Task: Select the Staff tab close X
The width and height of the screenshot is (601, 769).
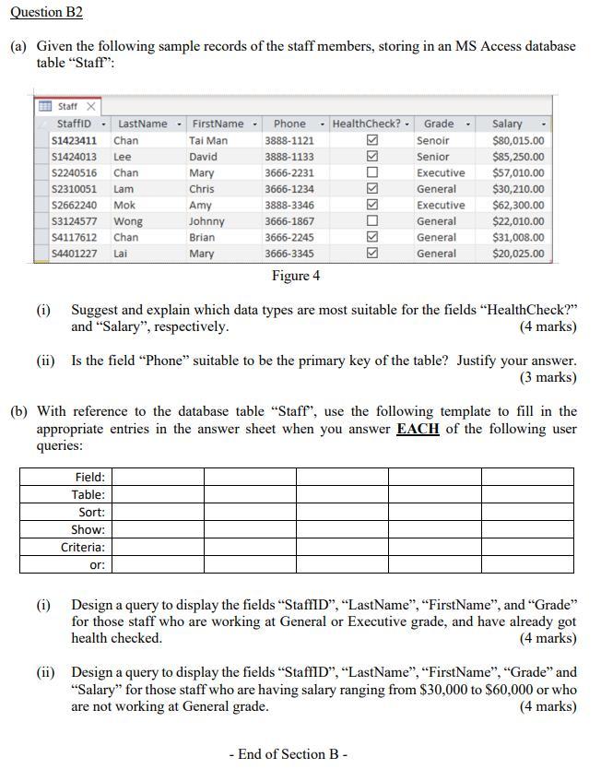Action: tap(92, 107)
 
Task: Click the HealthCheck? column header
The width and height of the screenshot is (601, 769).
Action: tap(367, 124)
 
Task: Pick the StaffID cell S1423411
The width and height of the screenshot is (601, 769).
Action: tap(76, 140)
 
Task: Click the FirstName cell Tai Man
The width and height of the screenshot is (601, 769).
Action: tap(207, 140)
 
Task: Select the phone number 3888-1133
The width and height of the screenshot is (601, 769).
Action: tap(289, 157)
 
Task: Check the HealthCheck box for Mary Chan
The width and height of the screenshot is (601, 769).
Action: tap(372, 172)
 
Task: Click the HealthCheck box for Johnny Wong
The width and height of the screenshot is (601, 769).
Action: tap(372, 221)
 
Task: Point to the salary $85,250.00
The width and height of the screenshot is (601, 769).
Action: tap(518, 157)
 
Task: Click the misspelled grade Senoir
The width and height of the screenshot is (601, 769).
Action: tap(433, 140)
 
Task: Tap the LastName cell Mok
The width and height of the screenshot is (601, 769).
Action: tap(124, 205)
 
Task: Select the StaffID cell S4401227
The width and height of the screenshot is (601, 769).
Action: tap(76, 254)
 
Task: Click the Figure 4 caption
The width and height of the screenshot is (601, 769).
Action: tap(296, 276)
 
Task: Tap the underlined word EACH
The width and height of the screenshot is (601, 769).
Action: tap(417, 429)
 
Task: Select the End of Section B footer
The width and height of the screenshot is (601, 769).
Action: tap(288, 754)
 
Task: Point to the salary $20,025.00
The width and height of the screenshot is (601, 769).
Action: tap(518, 254)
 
